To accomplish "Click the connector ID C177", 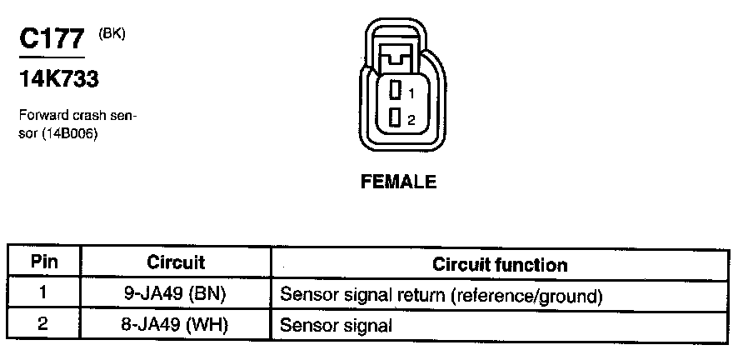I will tap(52, 41).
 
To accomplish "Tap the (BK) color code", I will tap(111, 33).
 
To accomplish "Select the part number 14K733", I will tap(59, 79).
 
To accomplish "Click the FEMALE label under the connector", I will tap(397, 182).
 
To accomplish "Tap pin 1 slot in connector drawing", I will tap(396, 88).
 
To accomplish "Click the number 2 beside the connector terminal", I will tap(411, 119).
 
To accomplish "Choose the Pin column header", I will tap(44, 262).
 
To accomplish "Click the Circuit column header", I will tap(175, 262).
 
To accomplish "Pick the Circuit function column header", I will tap(500, 265).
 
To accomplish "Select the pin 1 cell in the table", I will tap(44, 293).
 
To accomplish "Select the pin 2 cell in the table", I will tap(44, 324).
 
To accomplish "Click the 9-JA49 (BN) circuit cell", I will tap(176, 293).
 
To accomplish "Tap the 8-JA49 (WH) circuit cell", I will tap(175, 324).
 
